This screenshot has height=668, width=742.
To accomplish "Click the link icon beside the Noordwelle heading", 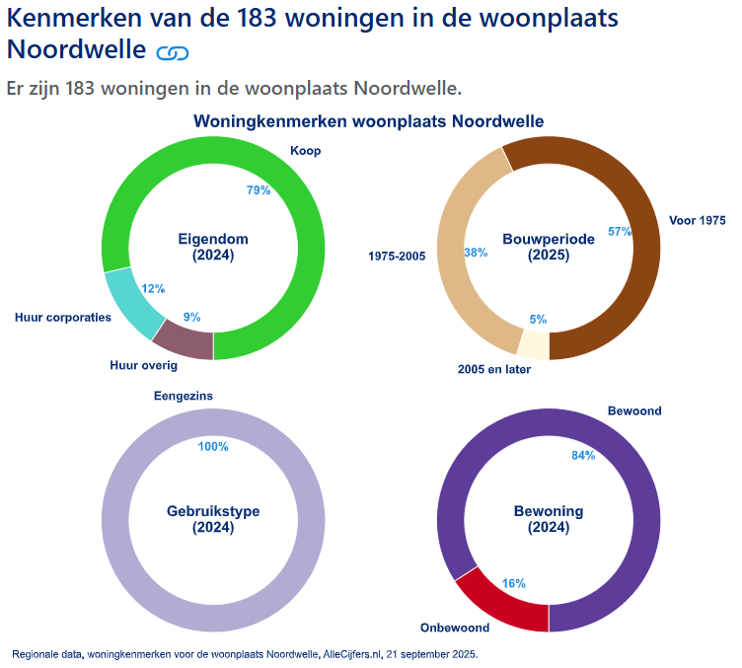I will coord(173,52).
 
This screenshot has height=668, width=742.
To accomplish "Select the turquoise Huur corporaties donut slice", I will coord(127,303).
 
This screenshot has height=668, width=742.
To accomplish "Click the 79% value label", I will coord(259,190).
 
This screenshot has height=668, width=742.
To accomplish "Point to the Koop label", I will coord(305,151).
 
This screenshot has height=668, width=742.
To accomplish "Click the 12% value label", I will coord(153,289).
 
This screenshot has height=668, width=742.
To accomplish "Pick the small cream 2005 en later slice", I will coord(533,345).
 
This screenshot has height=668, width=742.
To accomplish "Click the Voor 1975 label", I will coord(697,220).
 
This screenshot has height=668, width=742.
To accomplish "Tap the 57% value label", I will coord(620,232).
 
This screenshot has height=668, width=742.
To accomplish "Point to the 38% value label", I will coord(476,253).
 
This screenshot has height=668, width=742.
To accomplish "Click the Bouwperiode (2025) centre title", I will coord(548,247).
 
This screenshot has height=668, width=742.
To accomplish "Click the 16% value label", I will coord(513,583).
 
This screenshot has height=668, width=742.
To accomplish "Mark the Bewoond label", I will coord(634,410).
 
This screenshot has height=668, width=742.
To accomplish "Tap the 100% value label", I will coord(213,447).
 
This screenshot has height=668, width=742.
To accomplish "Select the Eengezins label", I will coord(184,397).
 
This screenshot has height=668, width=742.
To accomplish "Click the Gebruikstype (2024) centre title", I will coord(213,519).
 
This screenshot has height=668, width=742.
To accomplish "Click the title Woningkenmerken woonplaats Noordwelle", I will coord(368,121).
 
